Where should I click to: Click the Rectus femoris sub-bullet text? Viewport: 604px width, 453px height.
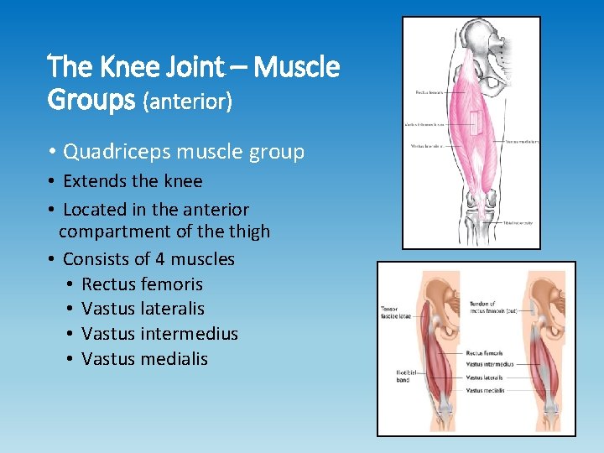tap(142, 284)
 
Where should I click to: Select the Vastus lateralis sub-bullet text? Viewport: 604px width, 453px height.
tap(143, 309)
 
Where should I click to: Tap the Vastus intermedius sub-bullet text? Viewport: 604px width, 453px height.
tap(159, 334)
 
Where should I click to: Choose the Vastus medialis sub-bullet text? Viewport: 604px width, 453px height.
tap(144, 359)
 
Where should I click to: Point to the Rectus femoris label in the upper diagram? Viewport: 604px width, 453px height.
tap(429, 91)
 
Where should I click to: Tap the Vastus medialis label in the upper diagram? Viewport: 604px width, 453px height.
tap(522, 141)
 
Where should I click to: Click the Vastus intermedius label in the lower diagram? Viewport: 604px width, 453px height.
tap(490, 364)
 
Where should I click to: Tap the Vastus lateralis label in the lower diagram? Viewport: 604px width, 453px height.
tap(484, 377)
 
